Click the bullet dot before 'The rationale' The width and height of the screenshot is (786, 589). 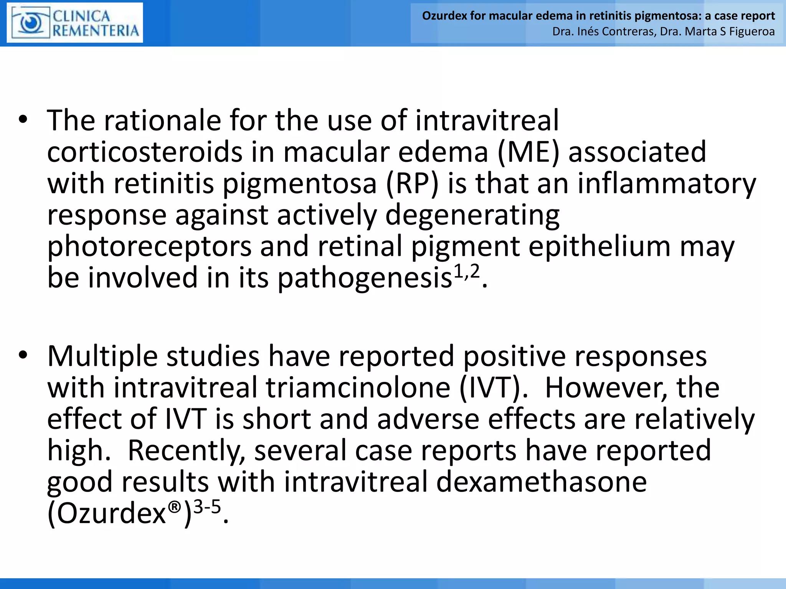tap(23, 120)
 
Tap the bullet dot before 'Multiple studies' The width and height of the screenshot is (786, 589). tap(23, 355)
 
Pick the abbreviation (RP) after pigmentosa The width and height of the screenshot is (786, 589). tap(412, 184)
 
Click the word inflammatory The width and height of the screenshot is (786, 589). tap(667, 184)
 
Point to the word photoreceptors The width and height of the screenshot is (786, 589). tap(149, 247)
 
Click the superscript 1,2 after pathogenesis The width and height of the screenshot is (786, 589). tap(467, 271)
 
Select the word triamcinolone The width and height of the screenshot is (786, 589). tap(358, 388)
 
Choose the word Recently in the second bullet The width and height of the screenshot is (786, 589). tap(186, 451)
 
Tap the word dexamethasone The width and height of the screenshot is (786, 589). tap(542, 482)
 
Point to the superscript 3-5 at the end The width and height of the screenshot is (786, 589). tap(207, 507)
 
